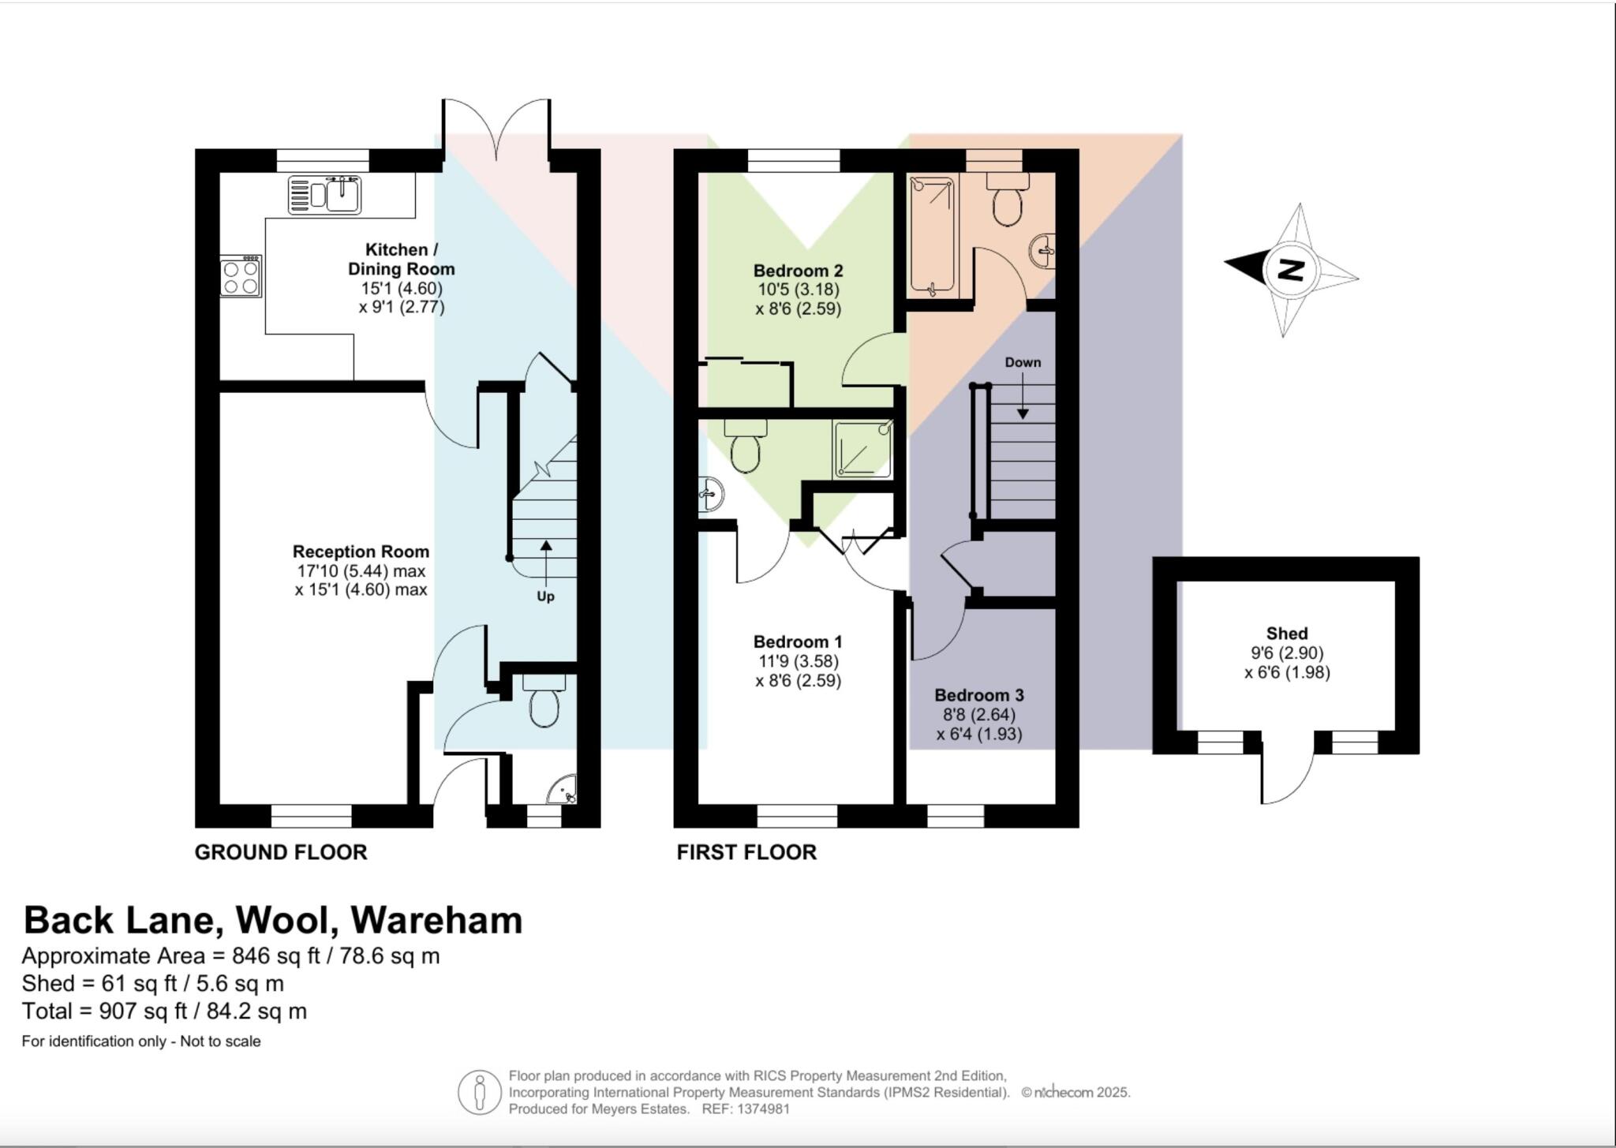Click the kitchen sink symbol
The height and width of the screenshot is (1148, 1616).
(x=324, y=194)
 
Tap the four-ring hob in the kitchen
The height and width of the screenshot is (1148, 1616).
(x=241, y=277)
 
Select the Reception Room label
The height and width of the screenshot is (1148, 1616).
(x=361, y=552)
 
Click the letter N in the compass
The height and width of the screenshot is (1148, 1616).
(x=1291, y=270)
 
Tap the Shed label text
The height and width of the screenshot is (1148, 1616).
(x=1287, y=633)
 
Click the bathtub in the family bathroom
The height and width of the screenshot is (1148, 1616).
(x=932, y=235)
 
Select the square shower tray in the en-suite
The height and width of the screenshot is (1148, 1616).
(x=862, y=449)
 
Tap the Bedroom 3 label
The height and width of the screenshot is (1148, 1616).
(x=978, y=695)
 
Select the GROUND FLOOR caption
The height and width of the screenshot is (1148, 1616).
(x=281, y=852)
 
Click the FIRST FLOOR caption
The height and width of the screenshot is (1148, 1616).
(x=746, y=852)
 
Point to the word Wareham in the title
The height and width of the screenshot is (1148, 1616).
(x=436, y=920)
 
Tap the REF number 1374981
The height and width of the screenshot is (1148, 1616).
(x=763, y=1109)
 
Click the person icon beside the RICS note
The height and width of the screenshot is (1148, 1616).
(x=479, y=1092)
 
